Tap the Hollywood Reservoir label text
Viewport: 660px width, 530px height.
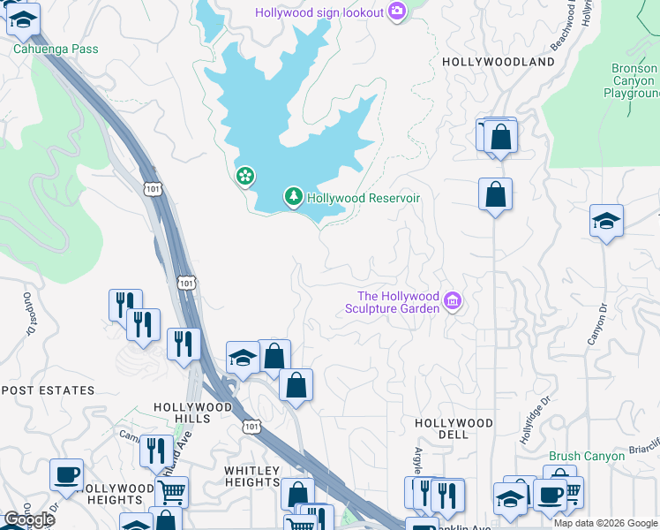[x=363, y=198]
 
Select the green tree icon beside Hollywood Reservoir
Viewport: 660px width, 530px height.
[x=293, y=197]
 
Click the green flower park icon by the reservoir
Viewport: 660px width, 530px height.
[x=244, y=177]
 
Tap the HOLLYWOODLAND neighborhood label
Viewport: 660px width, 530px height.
[x=499, y=62]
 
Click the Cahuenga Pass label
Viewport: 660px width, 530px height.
[x=55, y=49]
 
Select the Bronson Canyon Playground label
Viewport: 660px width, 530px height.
[x=634, y=80]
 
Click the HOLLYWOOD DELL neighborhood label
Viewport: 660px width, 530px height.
[x=454, y=429]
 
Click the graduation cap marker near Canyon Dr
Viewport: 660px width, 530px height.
[x=607, y=221]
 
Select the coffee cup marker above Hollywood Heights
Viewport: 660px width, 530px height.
[x=66, y=475]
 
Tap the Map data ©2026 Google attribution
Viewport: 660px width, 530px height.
[x=605, y=523]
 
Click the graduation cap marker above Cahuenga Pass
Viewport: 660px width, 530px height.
[x=23, y=19]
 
